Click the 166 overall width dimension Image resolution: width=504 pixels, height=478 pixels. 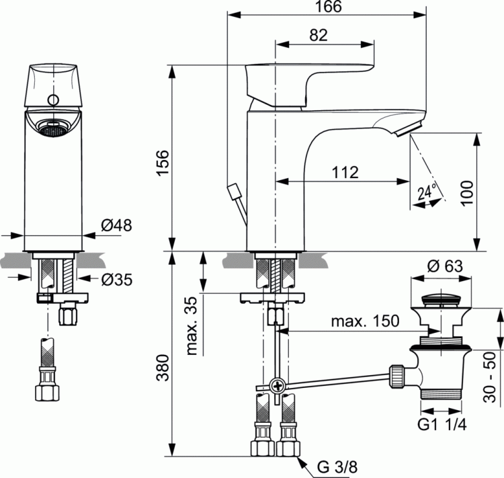pyautogui.click(x=327, y=7)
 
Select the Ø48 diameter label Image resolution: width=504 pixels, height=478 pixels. pyautogui.click(x=115, y=227)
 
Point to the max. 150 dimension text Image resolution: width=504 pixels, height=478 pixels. pyautogui.click(x=366, y=322)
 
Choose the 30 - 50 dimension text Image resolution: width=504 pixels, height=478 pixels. pyautogui.click(x=492, y=387)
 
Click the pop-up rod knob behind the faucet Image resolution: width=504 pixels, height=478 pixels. pyautogui.click(x=235, y=192)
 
